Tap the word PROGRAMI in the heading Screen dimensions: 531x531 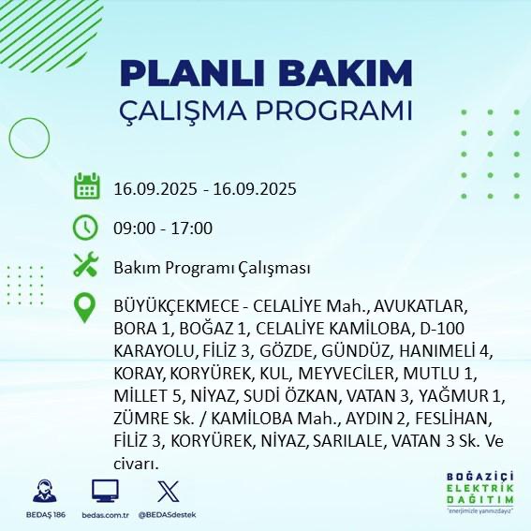tap(338, 110)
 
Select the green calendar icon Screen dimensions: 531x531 tap(86, 186)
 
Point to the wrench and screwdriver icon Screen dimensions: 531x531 tap(86, 266)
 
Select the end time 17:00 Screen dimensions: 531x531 tap(192, 228)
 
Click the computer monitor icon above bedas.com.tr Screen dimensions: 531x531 tap(105, 492)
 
